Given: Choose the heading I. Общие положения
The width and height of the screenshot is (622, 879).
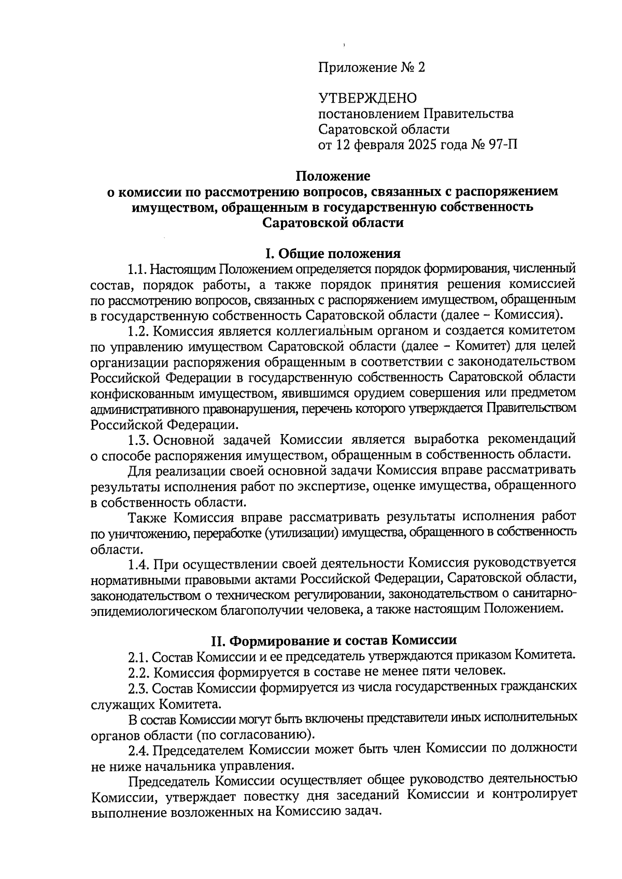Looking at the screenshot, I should click(x=333, y=254).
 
